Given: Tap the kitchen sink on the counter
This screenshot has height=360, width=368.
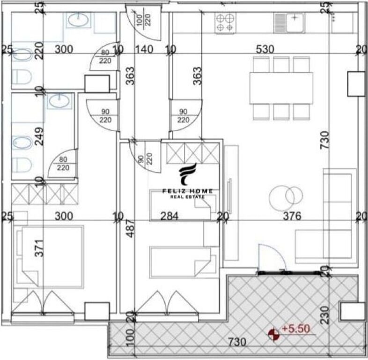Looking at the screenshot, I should tap(289, 22).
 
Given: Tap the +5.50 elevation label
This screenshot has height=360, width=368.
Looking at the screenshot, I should tap(295, 330).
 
